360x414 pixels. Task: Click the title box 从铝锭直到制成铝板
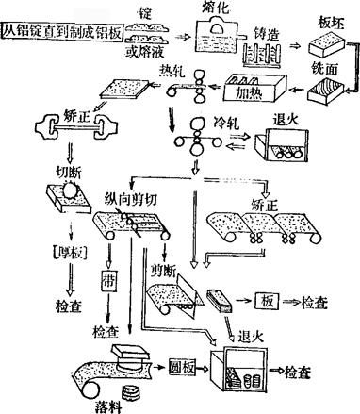point(62,31)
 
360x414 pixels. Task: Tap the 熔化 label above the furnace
point(215,7)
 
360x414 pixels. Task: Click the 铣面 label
point(324,68)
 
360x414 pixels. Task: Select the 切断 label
point(69,173)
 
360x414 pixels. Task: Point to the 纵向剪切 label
point(130,199)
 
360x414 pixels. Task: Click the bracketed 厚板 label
point(69,252)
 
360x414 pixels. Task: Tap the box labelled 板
point(267,302)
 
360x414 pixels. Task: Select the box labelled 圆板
point(182,367)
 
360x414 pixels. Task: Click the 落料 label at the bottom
point(108,406)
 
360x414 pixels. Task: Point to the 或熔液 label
point(144,52)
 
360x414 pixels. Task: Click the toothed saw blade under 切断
point(70,190)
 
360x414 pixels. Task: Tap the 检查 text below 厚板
point(69,306)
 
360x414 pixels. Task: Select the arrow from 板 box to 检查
point(291,302)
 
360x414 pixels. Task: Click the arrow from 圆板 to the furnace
point(202,368)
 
